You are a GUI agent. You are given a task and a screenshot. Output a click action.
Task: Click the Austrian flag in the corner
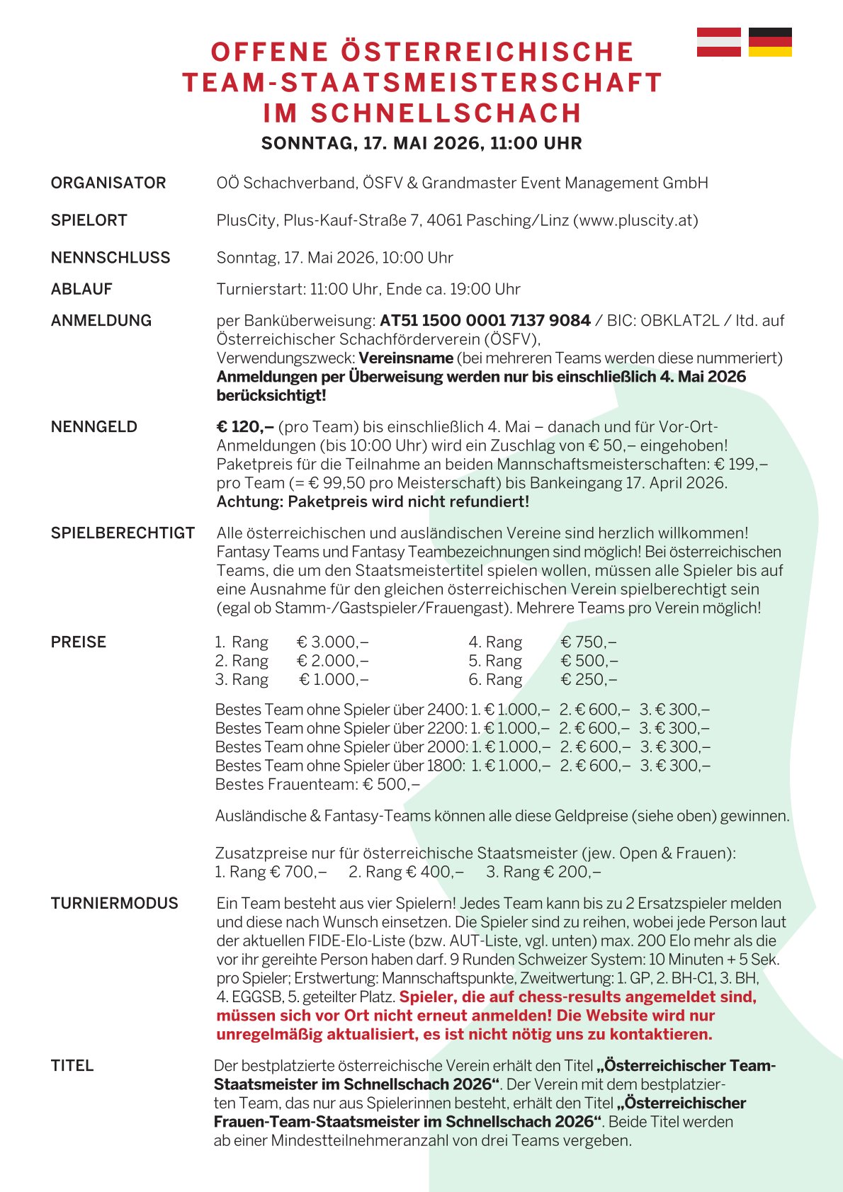tap(718, 42)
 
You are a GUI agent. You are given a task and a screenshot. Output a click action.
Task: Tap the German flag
tap(770, 42)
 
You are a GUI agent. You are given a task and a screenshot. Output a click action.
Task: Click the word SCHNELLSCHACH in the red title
tap(446, 113)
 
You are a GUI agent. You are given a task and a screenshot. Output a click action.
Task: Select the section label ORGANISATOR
tap(108, 183)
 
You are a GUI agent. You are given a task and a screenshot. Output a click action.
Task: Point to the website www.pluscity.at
tap(635, 220)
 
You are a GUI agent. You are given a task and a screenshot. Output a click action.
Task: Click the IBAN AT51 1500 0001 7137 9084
tap(485, 320)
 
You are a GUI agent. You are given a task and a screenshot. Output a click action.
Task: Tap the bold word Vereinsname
tap(406, 358)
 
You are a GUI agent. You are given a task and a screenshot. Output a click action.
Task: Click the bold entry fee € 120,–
tap(244, 426)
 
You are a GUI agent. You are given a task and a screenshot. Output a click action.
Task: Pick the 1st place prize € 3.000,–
tap(332, 642)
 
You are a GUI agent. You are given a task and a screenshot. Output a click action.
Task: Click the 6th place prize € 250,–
tap(589, 679)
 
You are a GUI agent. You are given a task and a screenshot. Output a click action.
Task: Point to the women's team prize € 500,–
tap(391, 784)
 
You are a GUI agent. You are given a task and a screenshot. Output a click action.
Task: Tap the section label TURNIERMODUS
tap(115, 903)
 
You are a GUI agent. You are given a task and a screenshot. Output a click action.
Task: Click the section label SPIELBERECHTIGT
tap(123, 533)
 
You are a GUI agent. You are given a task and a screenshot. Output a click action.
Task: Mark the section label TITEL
tap(72, 1065)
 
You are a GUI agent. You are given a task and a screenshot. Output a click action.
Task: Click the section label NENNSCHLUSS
tap(111, 257)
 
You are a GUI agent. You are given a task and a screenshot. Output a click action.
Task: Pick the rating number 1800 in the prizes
tap(446, 766)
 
